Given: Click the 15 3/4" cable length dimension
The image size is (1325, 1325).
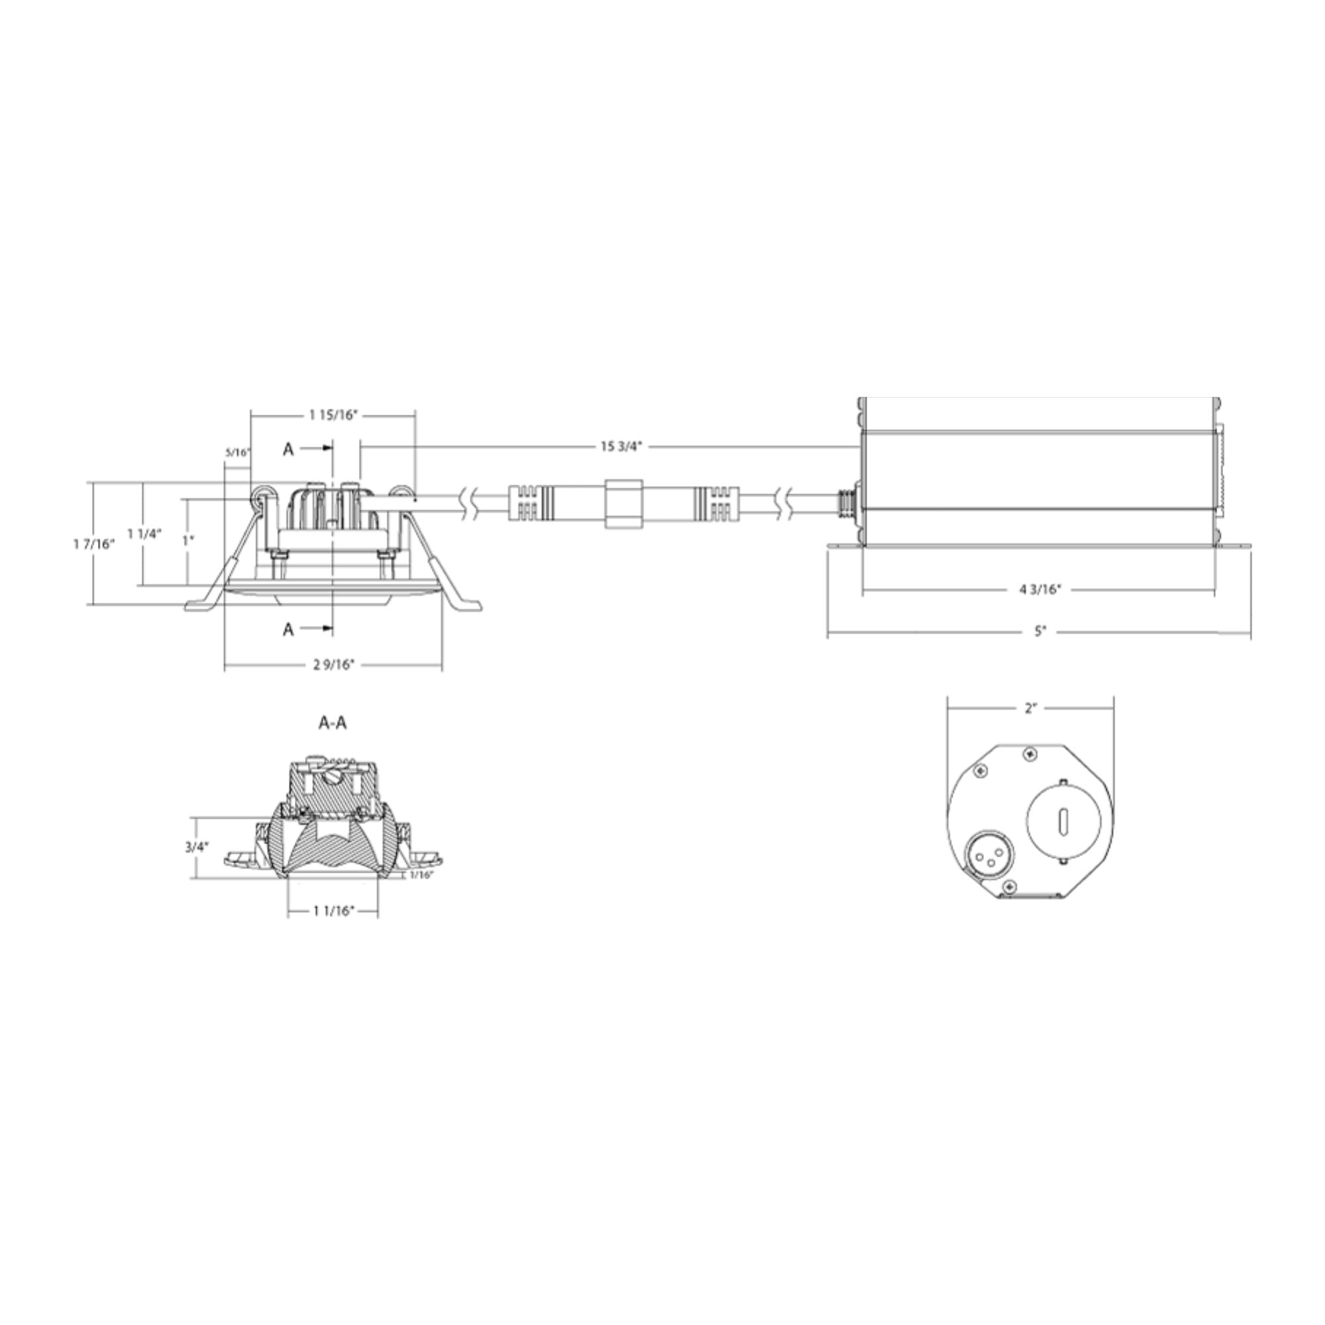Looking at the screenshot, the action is tap(621, 447).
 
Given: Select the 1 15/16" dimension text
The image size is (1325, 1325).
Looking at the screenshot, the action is tap(333, 414).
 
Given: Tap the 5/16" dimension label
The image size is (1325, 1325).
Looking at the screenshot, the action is tap(238, 452).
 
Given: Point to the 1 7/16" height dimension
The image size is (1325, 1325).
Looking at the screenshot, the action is tap(94, 544).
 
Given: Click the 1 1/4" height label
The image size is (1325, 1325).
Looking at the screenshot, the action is tap(144, 533).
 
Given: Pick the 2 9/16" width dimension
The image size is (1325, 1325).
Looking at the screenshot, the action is tap(333, 664).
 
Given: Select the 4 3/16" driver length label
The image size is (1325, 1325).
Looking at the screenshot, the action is tap(1039, 589).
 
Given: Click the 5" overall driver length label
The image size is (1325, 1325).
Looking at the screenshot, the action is tap(1040, 631).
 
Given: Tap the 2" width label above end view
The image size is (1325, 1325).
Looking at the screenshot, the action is tap(1030, 709).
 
